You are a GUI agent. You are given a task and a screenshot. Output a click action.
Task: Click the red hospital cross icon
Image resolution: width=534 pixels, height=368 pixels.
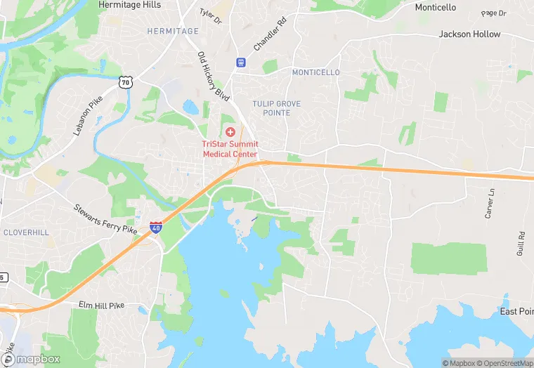coord(230,132)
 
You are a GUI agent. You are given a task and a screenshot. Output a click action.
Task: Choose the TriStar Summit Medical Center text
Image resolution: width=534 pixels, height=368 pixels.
coord(230,149)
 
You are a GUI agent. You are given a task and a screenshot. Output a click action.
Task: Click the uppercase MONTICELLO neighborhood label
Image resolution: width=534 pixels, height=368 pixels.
coord(315,72)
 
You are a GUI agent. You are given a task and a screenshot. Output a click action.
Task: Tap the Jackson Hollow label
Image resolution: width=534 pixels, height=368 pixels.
coord(469,34)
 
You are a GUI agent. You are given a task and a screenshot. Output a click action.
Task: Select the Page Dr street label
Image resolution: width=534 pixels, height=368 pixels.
coord(494,13)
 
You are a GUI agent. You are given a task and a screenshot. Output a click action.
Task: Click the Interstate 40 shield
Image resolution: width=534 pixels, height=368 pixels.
coord(156,227)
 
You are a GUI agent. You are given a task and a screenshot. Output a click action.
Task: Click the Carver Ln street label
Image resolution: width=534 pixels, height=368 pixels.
coord(490,204)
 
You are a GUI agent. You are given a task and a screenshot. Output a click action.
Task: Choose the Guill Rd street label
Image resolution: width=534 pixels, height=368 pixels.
coord(521,244)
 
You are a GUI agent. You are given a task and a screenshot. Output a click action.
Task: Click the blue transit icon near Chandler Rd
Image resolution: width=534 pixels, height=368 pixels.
coord(241,62)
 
